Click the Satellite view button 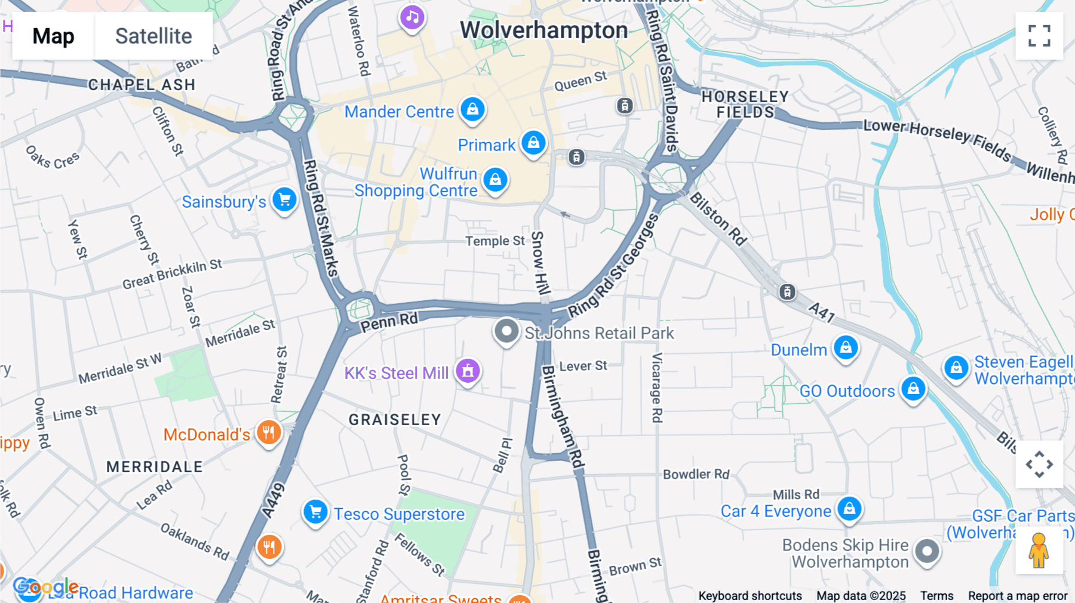pyautogui.click(x=153, y=36)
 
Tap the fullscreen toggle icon pyautogui.click(x=1039, y=36)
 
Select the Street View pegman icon pyautogui.click(x=1039, y=550)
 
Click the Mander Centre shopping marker pyautogui.click(x=472, y=110)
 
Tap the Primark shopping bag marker pyautogui.click(x=533, y=143)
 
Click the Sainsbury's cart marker pyautogui.click(x=284, y=200)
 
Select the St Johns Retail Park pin pyautogui.click(x=506, y=331)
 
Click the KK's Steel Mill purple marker pyautogui.click(x=468, y=371)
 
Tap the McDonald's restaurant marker pyautogui.click(x=269, y=433)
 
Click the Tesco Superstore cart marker pyautogui.click(x=315, y=512)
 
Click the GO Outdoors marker pyautogui.click(x=913, y=389)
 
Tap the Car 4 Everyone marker pyautogui.click(x=849, y=509)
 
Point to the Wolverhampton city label pyautogui.click(x=543, y=30)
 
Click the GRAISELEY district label pyautogui.click(x=395, y=420)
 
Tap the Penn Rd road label pyautogui.click(x=389, y=322)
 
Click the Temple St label pyautogui.click(x=494, y=241)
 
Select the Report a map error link pyautogui.click(x=1018, y=596)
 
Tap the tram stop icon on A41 pyautogui.click(x=787, y=292)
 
